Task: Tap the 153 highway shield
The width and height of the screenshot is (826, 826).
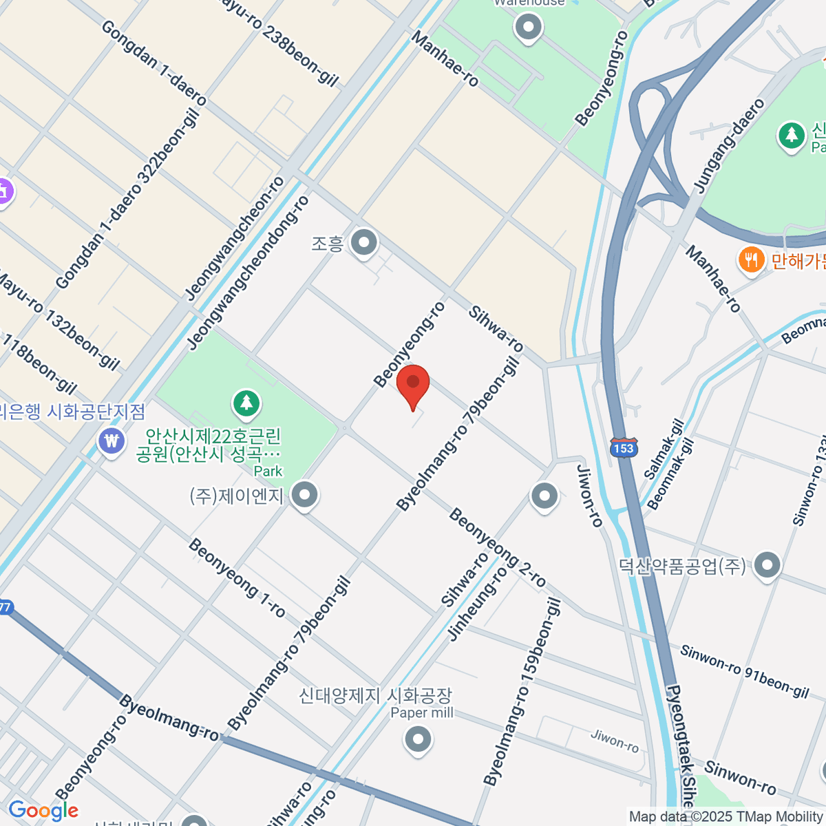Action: point(624,448)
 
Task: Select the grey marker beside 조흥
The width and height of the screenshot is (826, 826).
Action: point(363,242)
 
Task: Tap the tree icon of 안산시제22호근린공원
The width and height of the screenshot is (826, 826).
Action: point(246,403)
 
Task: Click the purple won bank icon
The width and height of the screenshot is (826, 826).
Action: point(112,441)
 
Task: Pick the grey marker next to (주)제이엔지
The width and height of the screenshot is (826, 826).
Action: point(304,495)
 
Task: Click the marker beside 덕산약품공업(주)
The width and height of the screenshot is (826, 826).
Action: point(767,565)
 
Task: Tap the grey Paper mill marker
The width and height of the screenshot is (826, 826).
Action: point(417,740)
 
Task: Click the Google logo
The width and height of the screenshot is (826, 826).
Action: point(43,810)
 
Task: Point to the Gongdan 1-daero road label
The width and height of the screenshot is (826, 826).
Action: point(153,63)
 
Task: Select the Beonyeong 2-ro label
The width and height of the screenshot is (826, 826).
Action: point(497,548)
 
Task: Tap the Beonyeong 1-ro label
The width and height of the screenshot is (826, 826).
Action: point(236,578)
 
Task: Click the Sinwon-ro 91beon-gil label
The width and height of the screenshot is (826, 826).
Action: point(744,671)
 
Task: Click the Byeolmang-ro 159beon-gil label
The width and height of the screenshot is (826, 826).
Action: point(522,692)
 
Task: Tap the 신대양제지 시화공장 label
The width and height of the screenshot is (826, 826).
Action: point(375,695)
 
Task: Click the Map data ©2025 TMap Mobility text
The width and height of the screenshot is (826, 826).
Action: point(726,817)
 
